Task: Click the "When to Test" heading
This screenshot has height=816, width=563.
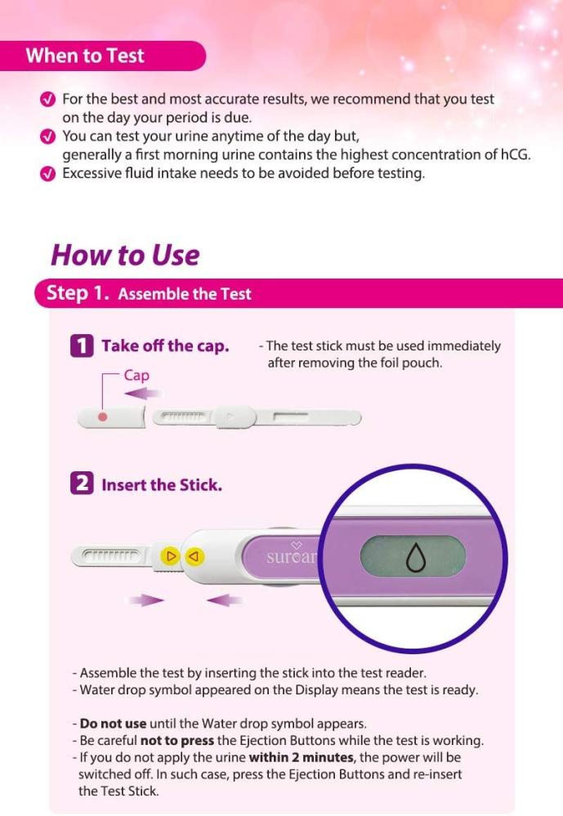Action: [85, 56]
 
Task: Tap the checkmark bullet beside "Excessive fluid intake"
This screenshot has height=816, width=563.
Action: [47, 174]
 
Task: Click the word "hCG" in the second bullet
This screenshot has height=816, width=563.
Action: [514, 154]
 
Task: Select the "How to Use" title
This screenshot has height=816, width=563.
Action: [125, 255]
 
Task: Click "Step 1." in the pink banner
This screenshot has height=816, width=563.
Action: [78, 292]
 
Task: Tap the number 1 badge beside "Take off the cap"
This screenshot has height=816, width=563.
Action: [82, 346]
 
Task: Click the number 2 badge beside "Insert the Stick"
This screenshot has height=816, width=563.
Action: [82, 484]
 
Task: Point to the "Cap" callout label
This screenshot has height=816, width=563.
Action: [136, 375]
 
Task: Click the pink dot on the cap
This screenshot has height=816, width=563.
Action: [103, 417]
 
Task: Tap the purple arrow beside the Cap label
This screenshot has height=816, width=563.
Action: [143, 394]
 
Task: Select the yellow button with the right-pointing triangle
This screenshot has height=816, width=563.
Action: [170, 555]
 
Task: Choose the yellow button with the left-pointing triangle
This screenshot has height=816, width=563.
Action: [194, 556]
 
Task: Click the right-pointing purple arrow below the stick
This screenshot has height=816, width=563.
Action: [146, 600]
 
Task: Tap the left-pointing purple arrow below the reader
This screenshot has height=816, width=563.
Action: [225, 600]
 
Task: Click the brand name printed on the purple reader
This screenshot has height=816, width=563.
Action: [292, 557]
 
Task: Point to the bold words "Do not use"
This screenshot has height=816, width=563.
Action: [113, 724]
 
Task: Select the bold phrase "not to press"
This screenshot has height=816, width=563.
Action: [177, 741]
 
